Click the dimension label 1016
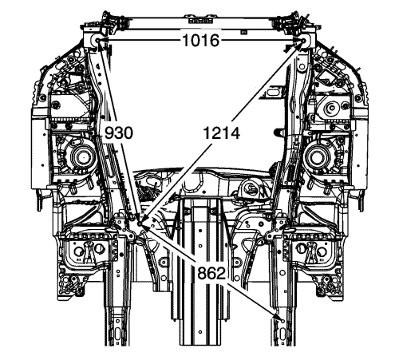pyautogui.click(x=201, y=41)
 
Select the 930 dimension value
pyautogui.click(x=118, y=133)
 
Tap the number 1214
pyautogui.click(x=221, y=133)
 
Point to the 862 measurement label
pyautogui.click(x=211, y=273)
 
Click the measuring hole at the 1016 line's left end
pyautogui.click(x=97, y=40)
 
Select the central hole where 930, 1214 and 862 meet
pyautogui.click(x=140, y=224)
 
